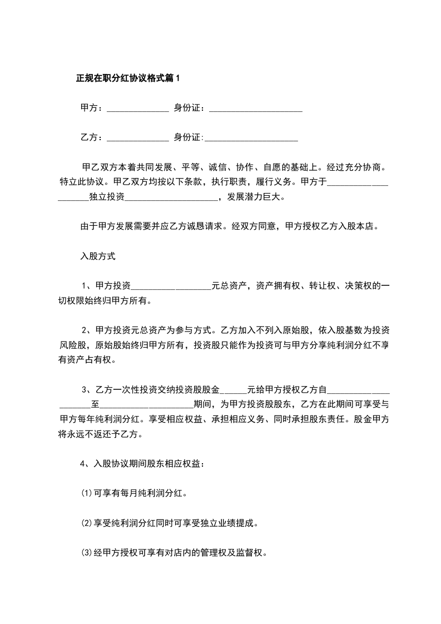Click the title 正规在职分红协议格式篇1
(128, 79)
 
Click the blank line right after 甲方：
(137, 109)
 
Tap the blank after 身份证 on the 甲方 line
(255, 109)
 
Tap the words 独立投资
(107, 196)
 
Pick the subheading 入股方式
(98, 256)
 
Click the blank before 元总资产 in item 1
(171, 286)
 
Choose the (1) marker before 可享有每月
(86, 493)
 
